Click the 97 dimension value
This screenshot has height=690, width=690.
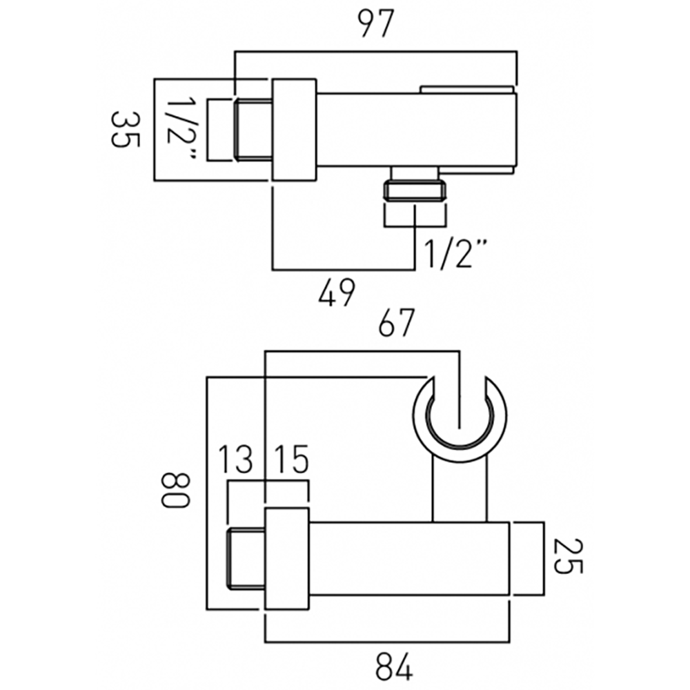[x=375, y=26]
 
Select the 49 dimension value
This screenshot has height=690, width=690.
[x=338, y=293]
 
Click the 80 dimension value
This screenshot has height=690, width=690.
[x=175, y=489]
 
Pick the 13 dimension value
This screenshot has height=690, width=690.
[x=236, y=460]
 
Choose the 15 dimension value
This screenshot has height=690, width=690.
[x=290, y=460]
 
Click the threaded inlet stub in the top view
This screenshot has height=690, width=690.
[x=253, y=130]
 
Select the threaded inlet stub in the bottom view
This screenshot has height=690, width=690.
[x=246, y=559]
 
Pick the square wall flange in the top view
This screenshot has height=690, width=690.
[x=294, y=130]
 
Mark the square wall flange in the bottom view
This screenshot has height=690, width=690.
[x=286, y=559]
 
